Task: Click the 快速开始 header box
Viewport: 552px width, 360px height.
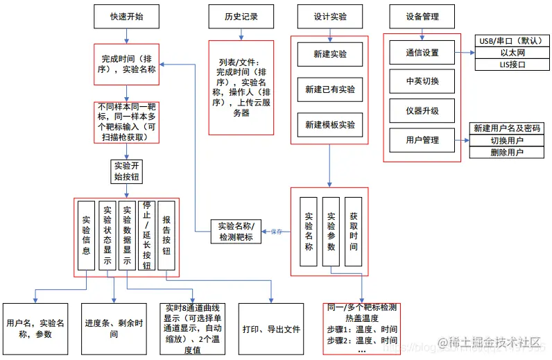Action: (126, 17)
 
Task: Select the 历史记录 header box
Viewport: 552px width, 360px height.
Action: (241, 17)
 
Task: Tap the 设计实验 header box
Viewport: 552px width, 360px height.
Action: (330, 17)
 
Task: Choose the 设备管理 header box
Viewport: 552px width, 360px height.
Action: (422, 17)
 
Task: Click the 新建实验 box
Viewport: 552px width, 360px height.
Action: (330, 53)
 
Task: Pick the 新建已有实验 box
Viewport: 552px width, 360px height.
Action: (330, 89)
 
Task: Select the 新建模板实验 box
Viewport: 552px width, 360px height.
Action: (330, 125)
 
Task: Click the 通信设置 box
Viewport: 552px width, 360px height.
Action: (422, 53)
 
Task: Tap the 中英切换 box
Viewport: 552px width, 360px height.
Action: (422, 81)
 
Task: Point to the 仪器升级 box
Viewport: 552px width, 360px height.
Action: (422, 110)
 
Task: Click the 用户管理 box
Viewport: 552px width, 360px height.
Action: (422, 139)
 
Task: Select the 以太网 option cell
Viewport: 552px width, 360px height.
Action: (512, 53)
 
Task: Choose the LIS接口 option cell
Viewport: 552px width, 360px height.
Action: (512, 65)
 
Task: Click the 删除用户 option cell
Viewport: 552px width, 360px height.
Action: (507, 152)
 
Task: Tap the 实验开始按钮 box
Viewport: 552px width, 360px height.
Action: (127, 171)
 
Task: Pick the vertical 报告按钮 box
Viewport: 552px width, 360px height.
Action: (166, 236)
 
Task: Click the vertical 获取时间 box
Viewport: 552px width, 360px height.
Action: (354, 232)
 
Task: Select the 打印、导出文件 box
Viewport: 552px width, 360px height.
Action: (271, 329)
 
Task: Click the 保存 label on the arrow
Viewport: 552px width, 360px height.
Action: (277, 232)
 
